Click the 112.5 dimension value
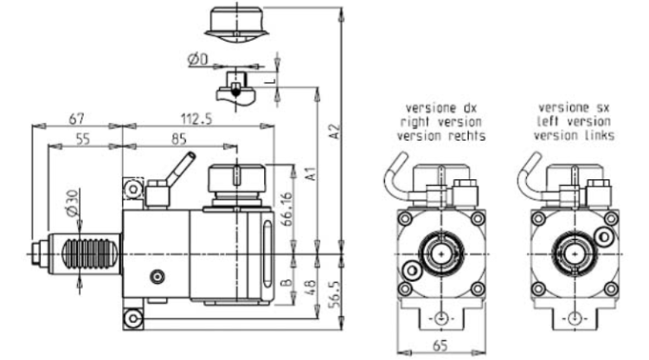tap(196, 119)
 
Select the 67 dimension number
tap(76, 119)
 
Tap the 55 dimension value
tap(83, 139)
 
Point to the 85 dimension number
tap(179, 139)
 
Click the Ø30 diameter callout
tap(72, 202)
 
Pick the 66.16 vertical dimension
tap(286, 209)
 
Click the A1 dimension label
tap(311, 174)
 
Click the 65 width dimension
tap(440, 345)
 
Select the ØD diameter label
tap(197, 60)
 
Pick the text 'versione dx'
tap(441, 108)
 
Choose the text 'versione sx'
tap(574, 108)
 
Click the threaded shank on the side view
tap(86, 254)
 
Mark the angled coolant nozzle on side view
tap(181, 170)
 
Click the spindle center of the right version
tap(441, 254)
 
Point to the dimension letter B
tap(286, 284)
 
